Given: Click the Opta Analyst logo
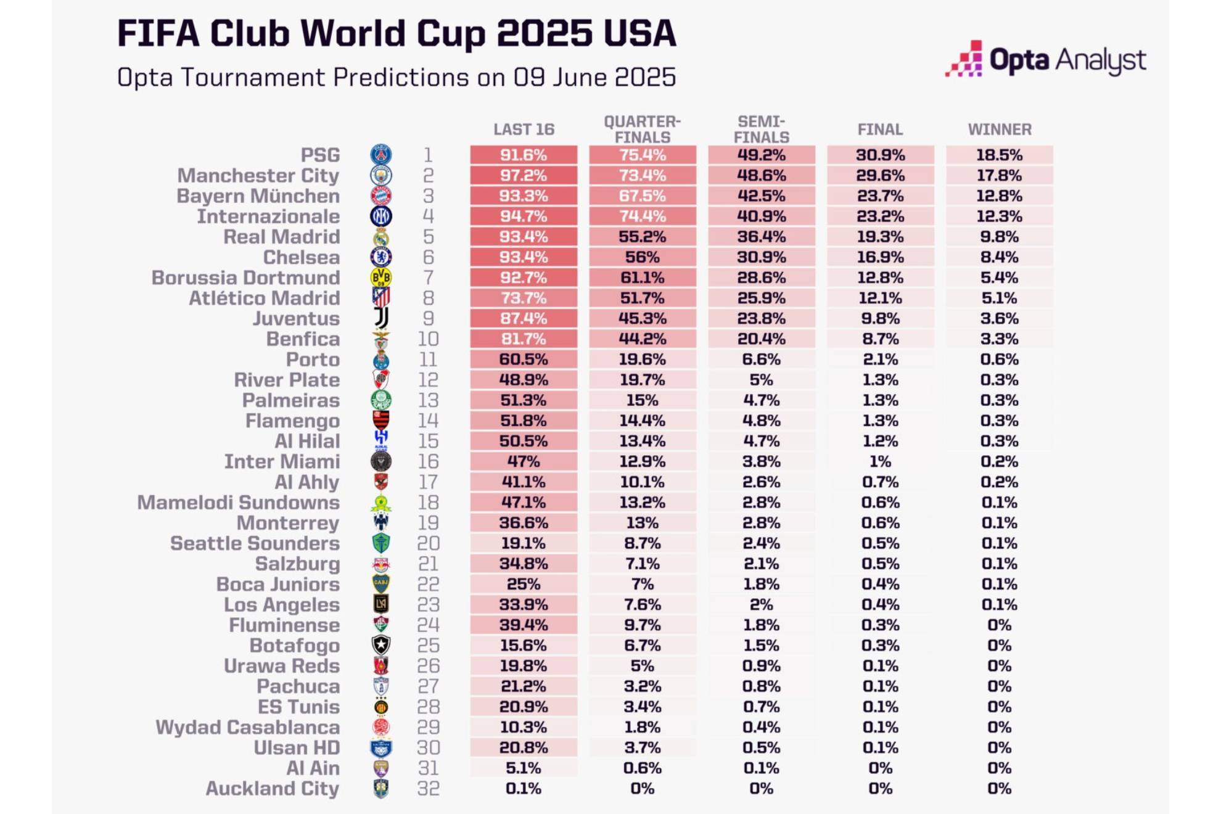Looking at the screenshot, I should pos(1045,60).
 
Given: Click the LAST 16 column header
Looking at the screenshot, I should pos(524,129).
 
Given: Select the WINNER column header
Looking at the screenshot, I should pos(999,129).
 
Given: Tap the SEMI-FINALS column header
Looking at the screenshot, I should pos(761,129).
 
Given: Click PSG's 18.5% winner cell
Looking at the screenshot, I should pos(999,155).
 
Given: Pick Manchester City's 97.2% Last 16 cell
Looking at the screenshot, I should pos(524,175).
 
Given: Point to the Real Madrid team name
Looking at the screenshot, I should pos(281,237).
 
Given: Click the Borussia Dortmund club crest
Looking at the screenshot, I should pos(381,277).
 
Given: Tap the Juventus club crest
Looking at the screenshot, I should pos(381,318).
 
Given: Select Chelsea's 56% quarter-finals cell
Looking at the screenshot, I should pos(642,257).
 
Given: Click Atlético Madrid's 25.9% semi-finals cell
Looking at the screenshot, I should pos(761,298).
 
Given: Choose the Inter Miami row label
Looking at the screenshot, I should pos(281,461).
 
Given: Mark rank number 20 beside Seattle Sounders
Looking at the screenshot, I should pos(428,543).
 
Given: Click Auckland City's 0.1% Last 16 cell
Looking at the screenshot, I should pos(524,788).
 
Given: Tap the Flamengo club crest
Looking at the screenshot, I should pos(381,421).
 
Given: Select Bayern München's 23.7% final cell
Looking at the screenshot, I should pos(880,195).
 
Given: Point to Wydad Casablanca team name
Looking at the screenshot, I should pos(247,727).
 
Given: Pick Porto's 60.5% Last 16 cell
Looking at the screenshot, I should pos(524,360).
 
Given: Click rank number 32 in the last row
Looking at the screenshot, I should pos(428,788).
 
